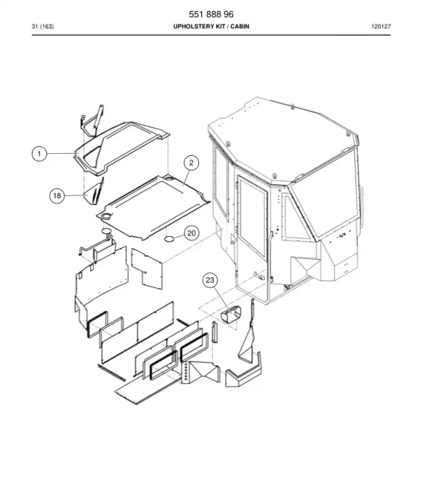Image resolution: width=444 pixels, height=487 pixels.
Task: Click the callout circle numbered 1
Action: (x=40, y=154)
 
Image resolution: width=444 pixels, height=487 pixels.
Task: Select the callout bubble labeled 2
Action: (x=191, y=163)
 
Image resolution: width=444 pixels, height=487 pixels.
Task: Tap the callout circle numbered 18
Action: (x=57, y=195)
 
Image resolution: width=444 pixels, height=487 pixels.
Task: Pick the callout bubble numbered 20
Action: (x=191, y=233)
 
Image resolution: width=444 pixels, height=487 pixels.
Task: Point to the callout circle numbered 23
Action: (x=210, y=280)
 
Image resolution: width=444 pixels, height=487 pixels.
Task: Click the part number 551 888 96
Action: (x=212, y=15)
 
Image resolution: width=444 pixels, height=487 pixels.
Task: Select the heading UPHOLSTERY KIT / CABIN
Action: (x=212, y=26)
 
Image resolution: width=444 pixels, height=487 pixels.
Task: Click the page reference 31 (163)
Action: (x=42, y=26)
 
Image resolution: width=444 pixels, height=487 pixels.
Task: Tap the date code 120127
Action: (x=381, y=26)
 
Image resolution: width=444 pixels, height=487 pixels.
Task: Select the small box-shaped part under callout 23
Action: (x=231, y=315)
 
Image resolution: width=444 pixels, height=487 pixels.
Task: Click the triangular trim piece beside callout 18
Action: (x=94, y=193)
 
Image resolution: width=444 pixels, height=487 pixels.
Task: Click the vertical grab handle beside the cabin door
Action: (x=271, y=256)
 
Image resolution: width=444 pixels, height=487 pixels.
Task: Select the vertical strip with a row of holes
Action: (x=186, y=372)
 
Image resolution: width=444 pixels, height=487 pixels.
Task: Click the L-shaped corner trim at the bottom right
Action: (x=244, y=371)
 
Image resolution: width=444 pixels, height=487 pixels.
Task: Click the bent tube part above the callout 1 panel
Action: (x=92, y=121)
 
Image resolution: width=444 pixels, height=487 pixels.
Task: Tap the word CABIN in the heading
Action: (x=240, y=26)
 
